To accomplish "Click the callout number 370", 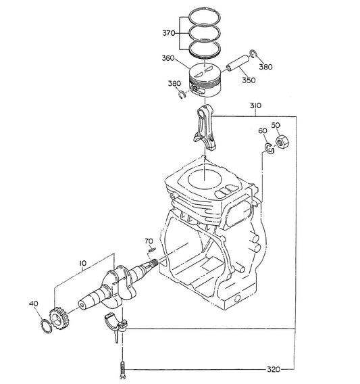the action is coord(169,33).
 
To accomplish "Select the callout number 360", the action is coord(168,58).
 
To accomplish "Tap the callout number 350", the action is coord(249,80).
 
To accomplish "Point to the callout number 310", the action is coord(255,105).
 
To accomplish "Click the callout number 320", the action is coord(274,369).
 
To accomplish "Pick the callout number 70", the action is coord(149,241).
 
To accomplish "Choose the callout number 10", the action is coord(83,263).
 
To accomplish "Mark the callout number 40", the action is coord(34,304).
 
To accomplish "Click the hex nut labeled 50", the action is coord(282,142).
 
